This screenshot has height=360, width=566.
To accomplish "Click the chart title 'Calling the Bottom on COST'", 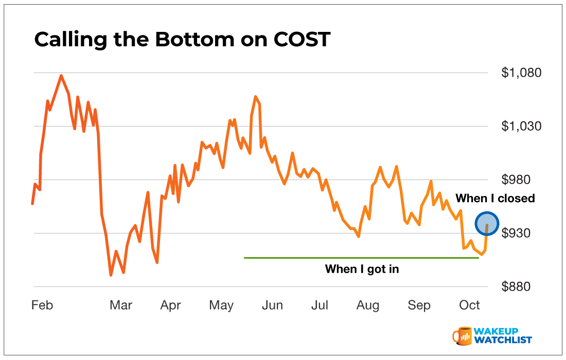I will (x=182, y=40).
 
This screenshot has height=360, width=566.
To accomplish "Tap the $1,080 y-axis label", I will (x=521, y=73).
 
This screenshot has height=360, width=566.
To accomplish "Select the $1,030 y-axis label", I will (x=521, y=126).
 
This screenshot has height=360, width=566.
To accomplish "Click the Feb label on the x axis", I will (x=42, y=305).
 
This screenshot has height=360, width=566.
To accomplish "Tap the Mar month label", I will (x=121, y=305).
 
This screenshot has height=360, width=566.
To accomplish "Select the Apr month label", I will (x=170, y=305).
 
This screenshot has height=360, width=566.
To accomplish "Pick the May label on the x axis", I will (x=221, y=305).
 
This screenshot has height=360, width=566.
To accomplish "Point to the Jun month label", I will (x=272, y=305).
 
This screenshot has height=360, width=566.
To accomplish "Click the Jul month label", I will (x=320, y=305).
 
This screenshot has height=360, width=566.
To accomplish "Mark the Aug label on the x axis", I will (x=368, y=305).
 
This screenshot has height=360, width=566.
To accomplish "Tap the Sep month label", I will (x=419, y=305).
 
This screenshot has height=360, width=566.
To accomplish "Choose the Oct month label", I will (x=469, y=305).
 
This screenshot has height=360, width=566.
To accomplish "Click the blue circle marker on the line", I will (x=487, y=224).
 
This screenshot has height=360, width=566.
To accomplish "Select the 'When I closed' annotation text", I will (x=495, y=199).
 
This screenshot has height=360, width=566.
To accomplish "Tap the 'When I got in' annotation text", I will (x=362, y=268).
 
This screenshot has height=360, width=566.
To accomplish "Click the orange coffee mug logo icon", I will (x=463, y=335).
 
